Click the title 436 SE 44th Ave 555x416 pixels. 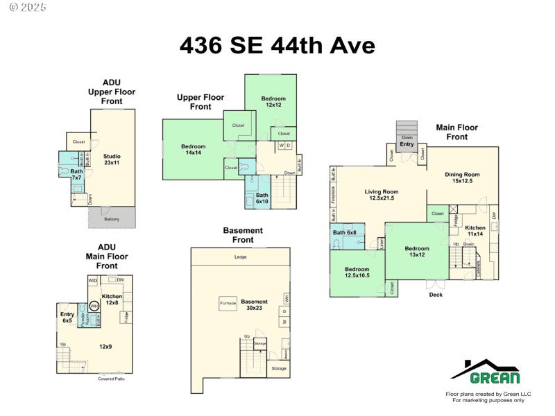click(277, 45)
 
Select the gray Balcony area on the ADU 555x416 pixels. click(111, 218)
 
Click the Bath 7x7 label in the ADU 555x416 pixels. click(76, 174)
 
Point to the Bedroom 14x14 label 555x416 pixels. click(193, 150)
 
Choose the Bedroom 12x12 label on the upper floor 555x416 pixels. click(273, 102)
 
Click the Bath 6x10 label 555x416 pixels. click(262, 198)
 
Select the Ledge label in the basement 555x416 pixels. click(240, 257)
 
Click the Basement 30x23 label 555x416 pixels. click(254, 306)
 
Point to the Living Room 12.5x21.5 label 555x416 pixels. click(382, 195)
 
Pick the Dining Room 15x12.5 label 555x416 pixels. click(462, 177)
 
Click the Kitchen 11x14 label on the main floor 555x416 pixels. click(475, 231)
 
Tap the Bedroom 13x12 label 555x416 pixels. click(417, 252)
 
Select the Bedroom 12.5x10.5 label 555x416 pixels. click(357, 272)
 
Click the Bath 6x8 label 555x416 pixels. click(344, 232)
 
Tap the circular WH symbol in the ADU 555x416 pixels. click(94, 306)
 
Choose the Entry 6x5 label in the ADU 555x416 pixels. click(67, 318)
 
